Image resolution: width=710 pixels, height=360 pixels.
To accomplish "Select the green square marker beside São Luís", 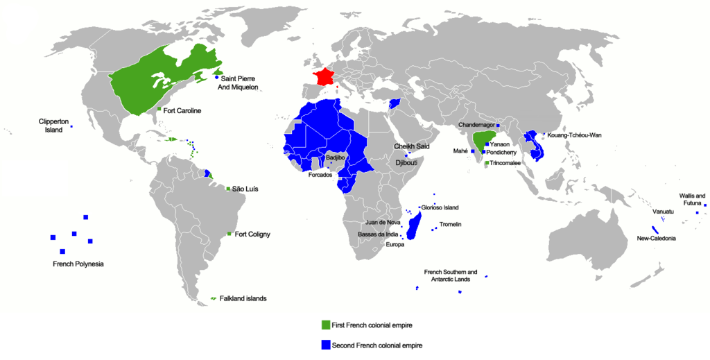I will click(229, 188).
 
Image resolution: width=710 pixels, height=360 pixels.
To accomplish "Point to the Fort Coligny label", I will click(252, 234).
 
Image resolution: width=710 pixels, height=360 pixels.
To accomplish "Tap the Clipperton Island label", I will click(53, 126).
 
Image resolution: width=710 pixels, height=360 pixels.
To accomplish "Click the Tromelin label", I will click(450, 225).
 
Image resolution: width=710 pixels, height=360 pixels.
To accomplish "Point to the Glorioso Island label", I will click(440, 207).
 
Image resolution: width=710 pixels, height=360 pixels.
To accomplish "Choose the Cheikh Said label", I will click(412, 146).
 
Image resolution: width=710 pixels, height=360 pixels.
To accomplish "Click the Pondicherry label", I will click(504, 152).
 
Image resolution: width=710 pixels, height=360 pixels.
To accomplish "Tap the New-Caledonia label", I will click(656, 239).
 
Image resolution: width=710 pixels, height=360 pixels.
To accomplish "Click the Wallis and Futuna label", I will click(691, 200).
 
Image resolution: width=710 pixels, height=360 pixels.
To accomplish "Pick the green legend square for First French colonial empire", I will click(325, 325).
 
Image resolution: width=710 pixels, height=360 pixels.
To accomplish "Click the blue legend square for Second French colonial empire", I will click(325, 345).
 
